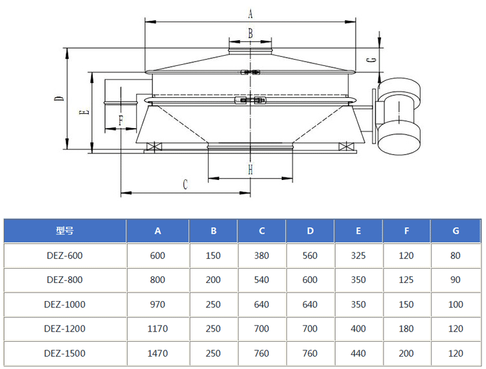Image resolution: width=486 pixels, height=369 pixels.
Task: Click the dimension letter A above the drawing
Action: pos(251,13)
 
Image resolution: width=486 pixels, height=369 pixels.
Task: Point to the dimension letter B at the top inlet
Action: pos(251,32)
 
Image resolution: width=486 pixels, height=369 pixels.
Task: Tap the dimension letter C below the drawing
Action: pos(185,184)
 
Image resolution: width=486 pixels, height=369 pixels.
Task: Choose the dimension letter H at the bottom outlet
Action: pos(250,170)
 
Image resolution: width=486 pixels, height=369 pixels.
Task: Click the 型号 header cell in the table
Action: pos(65,230)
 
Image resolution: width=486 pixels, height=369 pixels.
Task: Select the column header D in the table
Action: pos(310,230)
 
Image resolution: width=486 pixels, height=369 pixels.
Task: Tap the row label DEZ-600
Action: pos(65,255)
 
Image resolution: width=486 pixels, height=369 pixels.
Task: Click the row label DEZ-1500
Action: pos(65,353)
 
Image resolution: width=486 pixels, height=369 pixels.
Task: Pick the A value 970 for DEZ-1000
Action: pos(157,304)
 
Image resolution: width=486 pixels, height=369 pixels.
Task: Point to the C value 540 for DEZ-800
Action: pos(262,280)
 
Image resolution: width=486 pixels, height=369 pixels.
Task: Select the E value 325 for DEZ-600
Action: pos(358,255)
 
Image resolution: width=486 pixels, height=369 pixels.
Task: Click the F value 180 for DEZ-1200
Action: pos(407,329)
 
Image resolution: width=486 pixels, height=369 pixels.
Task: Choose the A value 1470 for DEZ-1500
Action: pos(157,353)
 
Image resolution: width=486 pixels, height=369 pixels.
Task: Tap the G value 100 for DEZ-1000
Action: pos(456,304)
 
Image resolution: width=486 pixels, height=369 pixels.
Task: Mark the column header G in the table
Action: pos(456,230)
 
